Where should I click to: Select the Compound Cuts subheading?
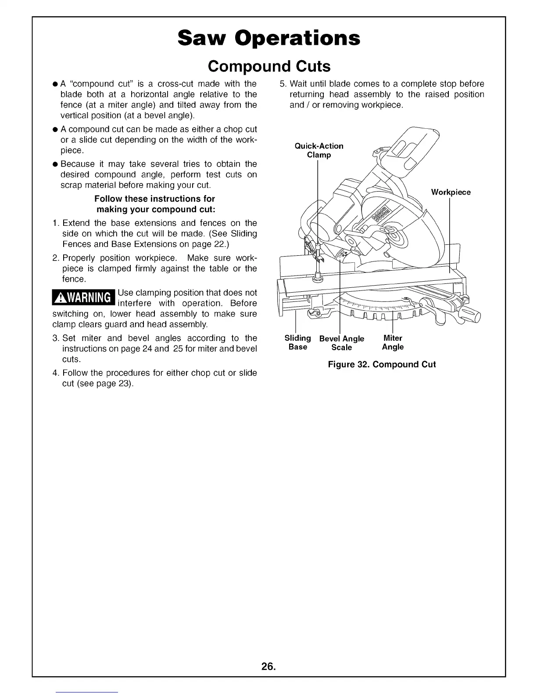pyautogui.click(x=268, y=66)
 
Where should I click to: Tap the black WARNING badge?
pyautogui.click(x=83, y=298)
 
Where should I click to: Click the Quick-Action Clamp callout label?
pyautogui.click(x=319, y=150)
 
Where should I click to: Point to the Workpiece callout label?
pyautogui.click(x=451, y=192)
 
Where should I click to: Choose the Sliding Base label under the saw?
pyautogui.click(x=297, y=342)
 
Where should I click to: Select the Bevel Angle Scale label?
pyautogui.click(x=342, y=343)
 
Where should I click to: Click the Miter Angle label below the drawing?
pyautogui.click(x=393, y=342)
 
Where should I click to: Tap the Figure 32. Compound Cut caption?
pyautogui.click(x=382, y=364)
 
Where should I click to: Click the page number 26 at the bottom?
pyautogui.click(x=268, y=667)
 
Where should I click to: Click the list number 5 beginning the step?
pyautogui.click(x=283, y=84)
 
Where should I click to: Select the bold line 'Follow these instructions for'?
pyautogui.click(x=154, y=199)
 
